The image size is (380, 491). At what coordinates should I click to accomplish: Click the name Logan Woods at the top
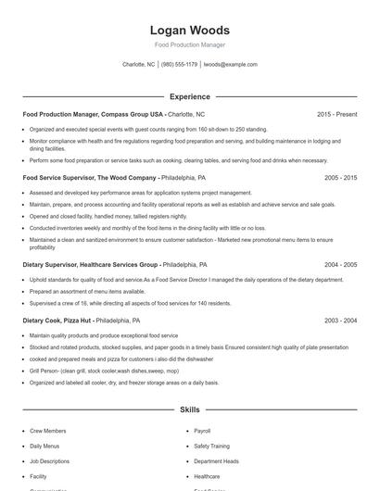(x=189, y=31)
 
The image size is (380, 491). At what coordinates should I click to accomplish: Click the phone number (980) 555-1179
(x=180, y=65)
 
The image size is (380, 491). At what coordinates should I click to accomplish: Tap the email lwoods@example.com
(x=230, y=65)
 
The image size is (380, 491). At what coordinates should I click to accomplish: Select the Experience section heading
(x=189, y=96)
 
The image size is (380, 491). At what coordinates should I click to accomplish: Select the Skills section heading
(x=189, y=409)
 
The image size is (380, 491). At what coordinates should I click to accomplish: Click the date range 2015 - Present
(x=336, y=114)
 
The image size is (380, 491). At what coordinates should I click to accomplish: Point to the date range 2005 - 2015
(x=340, y=177)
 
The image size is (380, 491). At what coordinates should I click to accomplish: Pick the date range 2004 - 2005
(x=340, y=264)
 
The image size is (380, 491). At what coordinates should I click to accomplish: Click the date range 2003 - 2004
(x=340, y=320)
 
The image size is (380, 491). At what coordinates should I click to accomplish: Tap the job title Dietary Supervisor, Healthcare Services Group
(x=91, y=264)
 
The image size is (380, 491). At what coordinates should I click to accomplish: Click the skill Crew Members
(x=48, y=431)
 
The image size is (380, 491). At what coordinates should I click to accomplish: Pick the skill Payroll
(x=202, y=431)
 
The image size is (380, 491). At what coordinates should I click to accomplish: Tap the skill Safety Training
(x=211, y=446)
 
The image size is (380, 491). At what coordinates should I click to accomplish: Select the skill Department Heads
(x=216, y=460)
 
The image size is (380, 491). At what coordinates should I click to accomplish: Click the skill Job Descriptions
(x=49, y=460)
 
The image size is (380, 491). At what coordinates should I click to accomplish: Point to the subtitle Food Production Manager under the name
(x=189, y=44)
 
